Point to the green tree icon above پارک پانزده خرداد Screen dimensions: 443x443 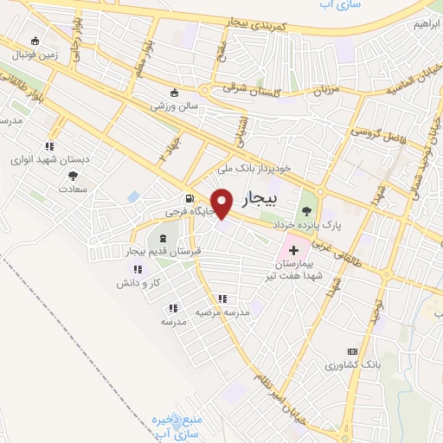pos(305,209)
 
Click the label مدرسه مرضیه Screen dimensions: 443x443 pos(221,311)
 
